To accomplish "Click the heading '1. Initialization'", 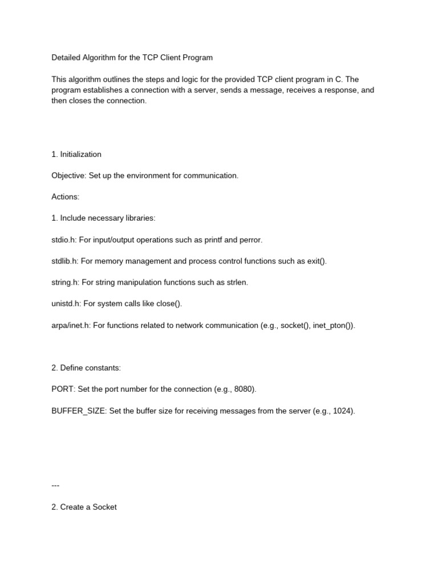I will (x=76, y=154).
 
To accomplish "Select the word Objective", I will (x=68, y=176).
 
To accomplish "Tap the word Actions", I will (x=65, y=197).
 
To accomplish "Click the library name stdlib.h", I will (x=64, y=261).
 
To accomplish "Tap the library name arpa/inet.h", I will (x=71, y=326).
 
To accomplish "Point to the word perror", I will (x=250, y=240).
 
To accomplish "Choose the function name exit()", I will (x=315, y=261).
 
